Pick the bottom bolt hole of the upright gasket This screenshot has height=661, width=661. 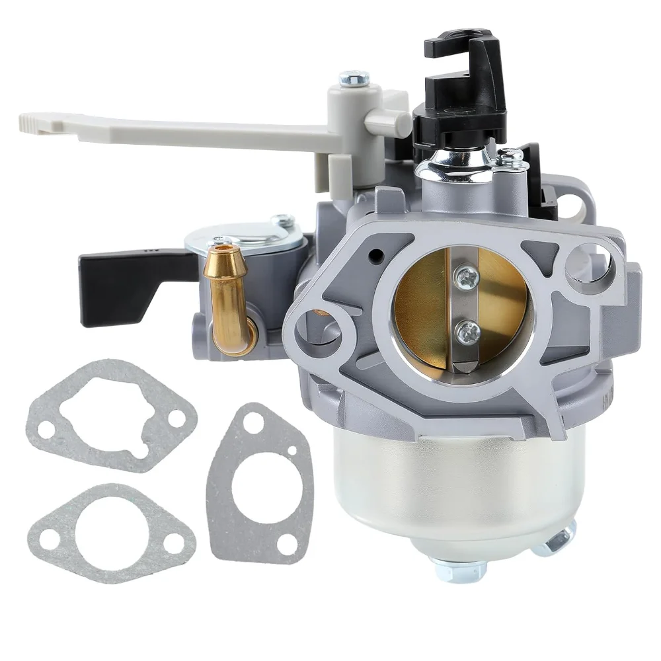[x=286, y=543]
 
